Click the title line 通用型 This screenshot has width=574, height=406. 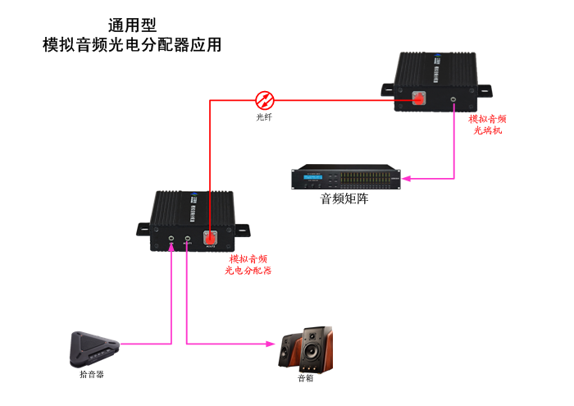[132, 25]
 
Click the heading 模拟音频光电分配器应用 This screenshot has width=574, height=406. [132, 45]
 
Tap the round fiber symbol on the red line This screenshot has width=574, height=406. [265, 100]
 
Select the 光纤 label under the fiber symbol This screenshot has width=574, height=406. [264, 117]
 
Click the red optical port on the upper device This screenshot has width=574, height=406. [418, 98]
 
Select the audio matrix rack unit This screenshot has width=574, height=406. [348, 177]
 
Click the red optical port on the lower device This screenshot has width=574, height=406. [211, 239]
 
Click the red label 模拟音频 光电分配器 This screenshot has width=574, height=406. [248, 264]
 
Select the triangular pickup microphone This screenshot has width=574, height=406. [92, 349]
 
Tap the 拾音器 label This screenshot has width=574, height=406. [92, 374]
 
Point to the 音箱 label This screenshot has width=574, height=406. [305, 378]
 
